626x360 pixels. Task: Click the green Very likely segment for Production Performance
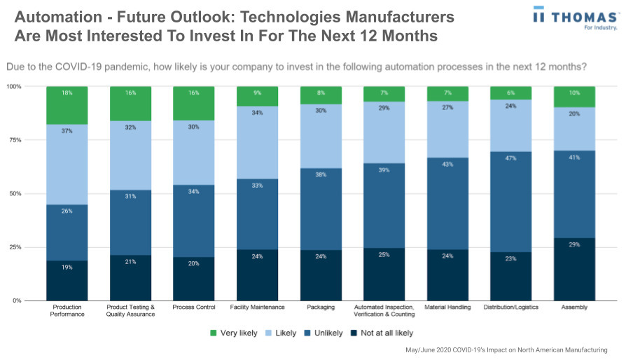point(67,105)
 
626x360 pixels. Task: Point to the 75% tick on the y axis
point(14,140)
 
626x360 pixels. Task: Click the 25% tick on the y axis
point(14,247)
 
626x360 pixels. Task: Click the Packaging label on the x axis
point(321,307)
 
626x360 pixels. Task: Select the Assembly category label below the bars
point(574,307)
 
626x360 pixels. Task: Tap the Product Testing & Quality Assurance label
point(130,310)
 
